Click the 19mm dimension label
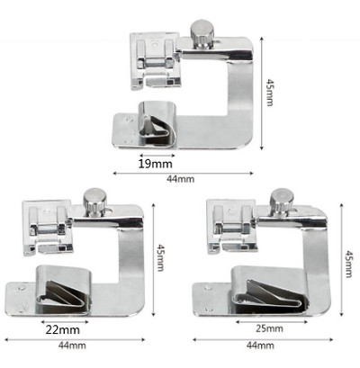coord(155,164)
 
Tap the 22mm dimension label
coord(63,330)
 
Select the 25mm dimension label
coord(269,328)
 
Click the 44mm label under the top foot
coord(181,179)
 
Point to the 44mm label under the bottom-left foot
coord(72,346)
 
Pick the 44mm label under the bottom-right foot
coord(260,346)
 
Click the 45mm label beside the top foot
coord(270,93)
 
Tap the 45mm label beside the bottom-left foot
coord(160,257)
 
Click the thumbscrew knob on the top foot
coord(202,33)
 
